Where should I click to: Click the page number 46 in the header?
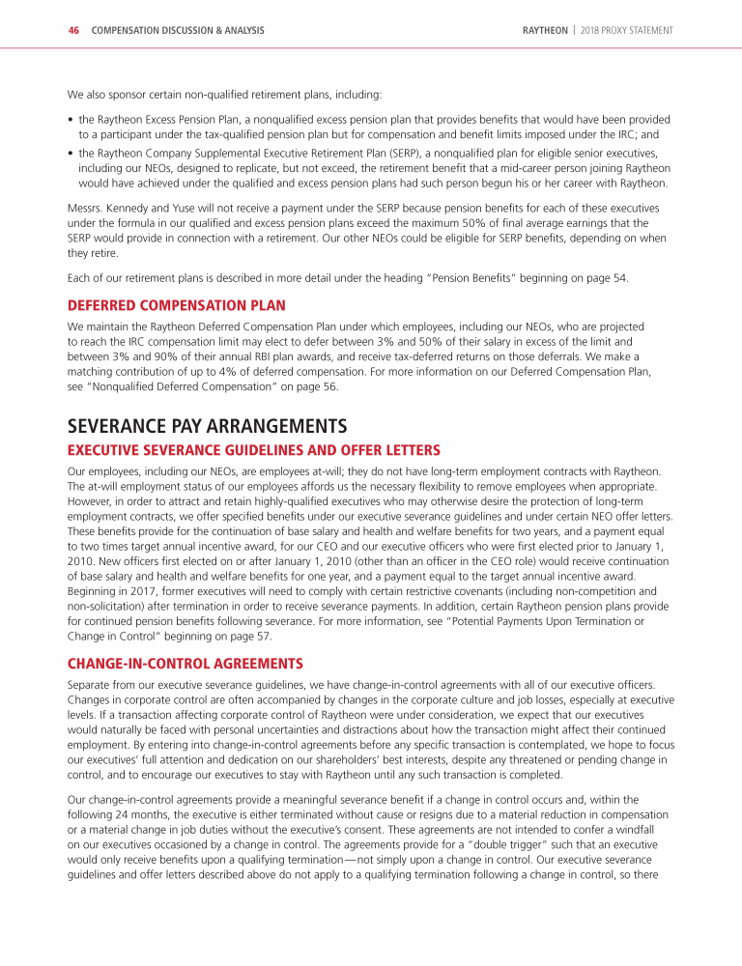coord(72,31)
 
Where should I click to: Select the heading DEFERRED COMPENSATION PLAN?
coord(176,305)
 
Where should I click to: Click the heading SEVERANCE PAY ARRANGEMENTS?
coord(207,426)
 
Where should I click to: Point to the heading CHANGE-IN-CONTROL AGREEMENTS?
coord(185,664)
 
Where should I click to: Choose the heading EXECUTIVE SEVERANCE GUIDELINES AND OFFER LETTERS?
coord(254,450)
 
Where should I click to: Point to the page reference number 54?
coord(619,278)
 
